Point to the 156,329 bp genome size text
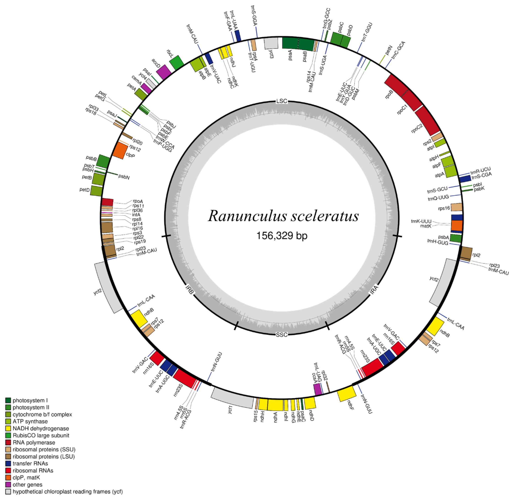pyautogui.click(x=282, y=235)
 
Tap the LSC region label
pyautogui.click(x=282, y=101)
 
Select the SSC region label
pyautogui.click(x=282, y=335)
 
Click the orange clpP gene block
pyautogui.click(x=119, y=151)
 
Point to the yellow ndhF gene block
pyautogui.click(x=347, y=393)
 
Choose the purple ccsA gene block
pyautogui.click(x=318, y=389)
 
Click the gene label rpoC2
pyautogui.click(x=417, y=128)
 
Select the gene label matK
pyautogui.click(x=426, y=226)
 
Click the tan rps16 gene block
pyautogui.click(x=456, y=207)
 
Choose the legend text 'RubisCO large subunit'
pyautogui.click(x=41, y=435)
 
